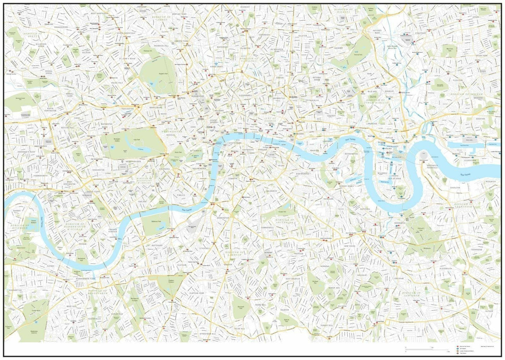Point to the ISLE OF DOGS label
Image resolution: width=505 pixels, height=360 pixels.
click(394, 178)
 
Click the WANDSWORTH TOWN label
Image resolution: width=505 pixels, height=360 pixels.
click(86, 279)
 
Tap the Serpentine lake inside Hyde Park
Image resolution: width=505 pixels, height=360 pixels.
click(140, 149)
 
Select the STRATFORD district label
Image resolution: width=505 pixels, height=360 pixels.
click(420, 33)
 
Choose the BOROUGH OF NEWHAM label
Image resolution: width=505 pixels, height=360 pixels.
click(466, 94)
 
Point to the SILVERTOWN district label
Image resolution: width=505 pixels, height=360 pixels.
click(469, 161)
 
